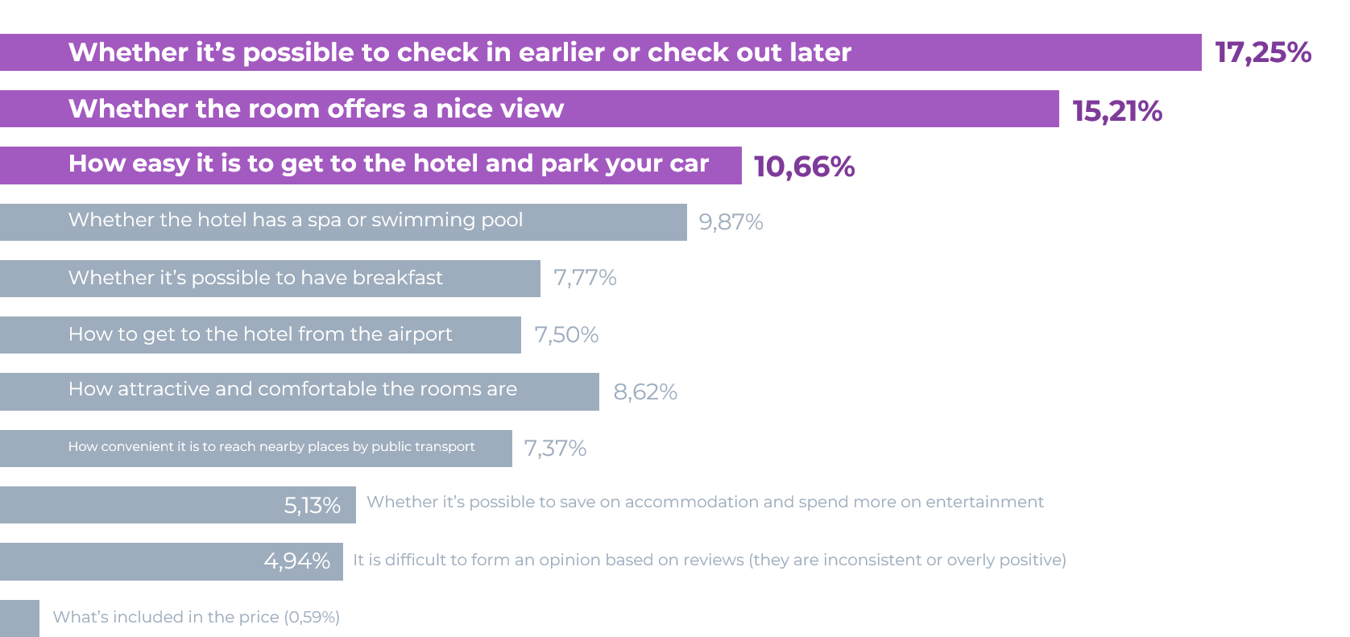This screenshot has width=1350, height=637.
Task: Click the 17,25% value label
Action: [1263, 53]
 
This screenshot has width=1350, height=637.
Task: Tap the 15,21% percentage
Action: [1117, 111]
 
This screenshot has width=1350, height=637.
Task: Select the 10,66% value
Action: [804, 167]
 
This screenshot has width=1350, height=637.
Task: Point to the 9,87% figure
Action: [731, 222]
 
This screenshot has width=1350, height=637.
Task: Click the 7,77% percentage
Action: [586, 278]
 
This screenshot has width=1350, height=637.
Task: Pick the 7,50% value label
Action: [566, 334]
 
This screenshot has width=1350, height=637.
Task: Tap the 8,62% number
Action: [645, 392]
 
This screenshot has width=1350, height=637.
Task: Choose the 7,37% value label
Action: [555, 449]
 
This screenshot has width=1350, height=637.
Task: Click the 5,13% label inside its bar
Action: [313, 505]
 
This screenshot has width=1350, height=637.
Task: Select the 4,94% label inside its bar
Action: [297, 561]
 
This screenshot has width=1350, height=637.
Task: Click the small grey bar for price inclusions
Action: [19, 618]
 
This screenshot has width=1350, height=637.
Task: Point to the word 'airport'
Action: [420, 334]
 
